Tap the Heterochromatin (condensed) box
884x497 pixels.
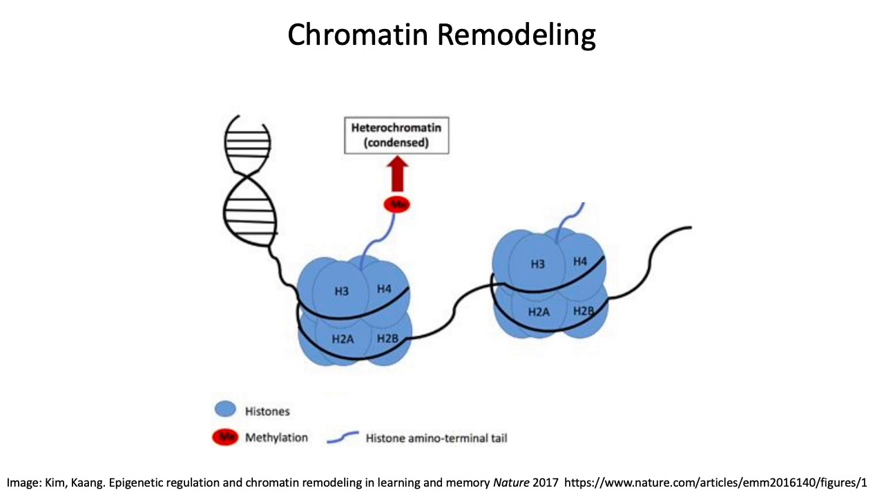click(x=396, y=135)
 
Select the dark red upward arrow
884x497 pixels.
click(x=396, y=175)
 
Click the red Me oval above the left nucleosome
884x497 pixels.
click(x=396, y=204)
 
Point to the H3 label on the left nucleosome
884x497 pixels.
click(x=341, y=291)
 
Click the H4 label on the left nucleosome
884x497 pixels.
click(x=384, y=289)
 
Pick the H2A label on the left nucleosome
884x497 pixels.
click(x=343, y=339)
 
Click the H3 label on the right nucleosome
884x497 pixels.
click(x=537, y=264)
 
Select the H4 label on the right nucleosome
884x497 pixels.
click(x=580, y=262)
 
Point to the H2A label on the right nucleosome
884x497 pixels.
click(x=539, y=312)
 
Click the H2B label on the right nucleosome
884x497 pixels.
click(x=583, y=311)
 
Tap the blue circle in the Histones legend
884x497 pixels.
click(x=225, y=410)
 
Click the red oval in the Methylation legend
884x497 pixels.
click(x=225, y=437)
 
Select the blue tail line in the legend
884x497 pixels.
click(x=342, y=437)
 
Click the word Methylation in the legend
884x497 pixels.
click(x=276, y=438)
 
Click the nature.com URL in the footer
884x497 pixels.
click(x=715, y=483)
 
